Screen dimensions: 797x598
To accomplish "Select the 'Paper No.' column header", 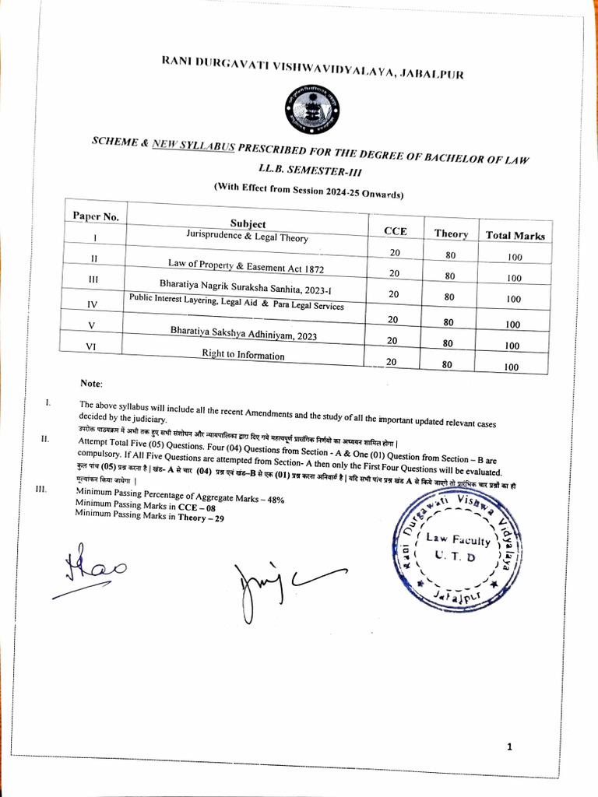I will tap(96, 216).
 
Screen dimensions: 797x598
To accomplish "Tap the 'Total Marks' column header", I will tap(515, 235).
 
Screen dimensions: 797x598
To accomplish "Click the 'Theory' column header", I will tap(451, 233).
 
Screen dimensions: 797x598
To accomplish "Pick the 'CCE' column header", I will tap(395, 231).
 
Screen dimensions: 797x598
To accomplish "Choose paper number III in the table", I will tap(94, 278).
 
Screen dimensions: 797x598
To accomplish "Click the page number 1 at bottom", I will tap(509, 747).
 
